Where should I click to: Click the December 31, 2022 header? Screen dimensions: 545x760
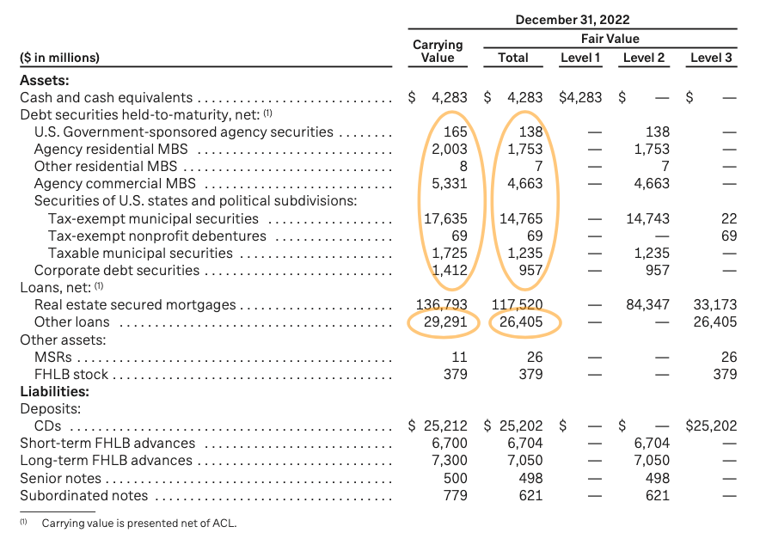(573, 19)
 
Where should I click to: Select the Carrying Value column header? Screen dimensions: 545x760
(438, 51)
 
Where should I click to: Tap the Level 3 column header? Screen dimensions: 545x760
(711, 58)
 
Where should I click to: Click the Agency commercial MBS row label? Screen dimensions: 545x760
(114, 184)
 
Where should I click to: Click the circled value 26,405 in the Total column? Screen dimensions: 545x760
(522, 322)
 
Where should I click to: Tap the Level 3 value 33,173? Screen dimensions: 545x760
(714, 305)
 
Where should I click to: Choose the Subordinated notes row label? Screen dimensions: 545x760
(83, 495)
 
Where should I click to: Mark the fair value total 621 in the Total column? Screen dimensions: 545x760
(530, 495)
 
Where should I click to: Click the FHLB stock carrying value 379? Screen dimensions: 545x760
(456, 374)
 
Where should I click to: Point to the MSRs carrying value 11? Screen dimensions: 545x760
(460, 357)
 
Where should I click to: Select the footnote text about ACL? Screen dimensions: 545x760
(138, 523)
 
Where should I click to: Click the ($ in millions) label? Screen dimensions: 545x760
(59, 58)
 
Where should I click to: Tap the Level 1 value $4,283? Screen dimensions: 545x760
(580, 98)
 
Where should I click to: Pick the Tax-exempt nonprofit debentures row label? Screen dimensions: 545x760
(156, 236)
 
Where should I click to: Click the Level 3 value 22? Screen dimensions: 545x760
(728, 218)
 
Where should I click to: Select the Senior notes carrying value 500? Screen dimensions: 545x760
(456, 478)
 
